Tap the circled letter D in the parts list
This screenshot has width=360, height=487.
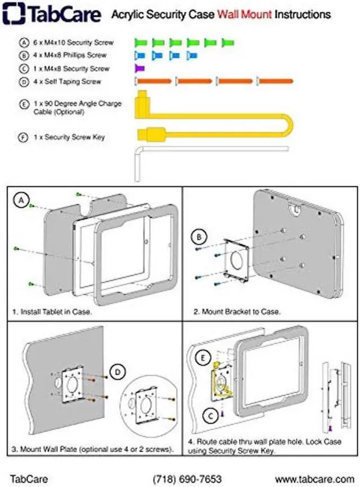[x=24, y=82]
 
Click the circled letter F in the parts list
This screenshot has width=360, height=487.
[x=24, y=137]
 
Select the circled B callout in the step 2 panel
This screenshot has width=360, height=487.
[x=199, y=237]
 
